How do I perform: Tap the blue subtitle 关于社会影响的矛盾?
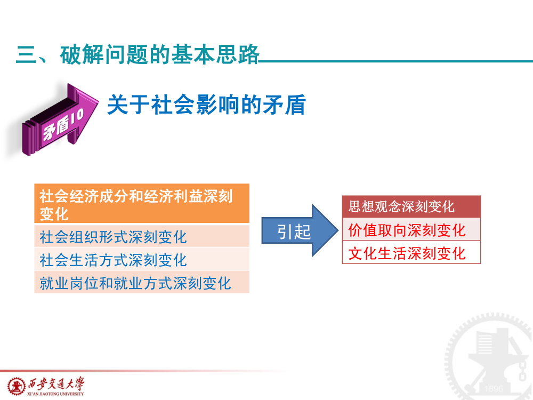[207, 105]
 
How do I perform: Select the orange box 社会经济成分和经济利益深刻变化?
[142, 203]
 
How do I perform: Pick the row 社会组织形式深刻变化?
[142, 236]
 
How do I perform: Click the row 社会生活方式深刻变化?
[142, 259]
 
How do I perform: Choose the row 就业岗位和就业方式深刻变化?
[142, 282]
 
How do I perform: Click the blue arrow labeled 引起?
[300, 230]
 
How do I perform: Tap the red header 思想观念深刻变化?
[411, 206]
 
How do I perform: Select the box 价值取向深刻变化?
[411, 229]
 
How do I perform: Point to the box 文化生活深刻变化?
[411, 252]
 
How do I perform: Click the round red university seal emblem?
[17, 387]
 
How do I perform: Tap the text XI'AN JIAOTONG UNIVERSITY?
[55, 394]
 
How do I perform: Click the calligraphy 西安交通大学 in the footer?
[56, 383]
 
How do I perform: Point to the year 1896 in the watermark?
[494, 388]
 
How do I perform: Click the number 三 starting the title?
[27, 55]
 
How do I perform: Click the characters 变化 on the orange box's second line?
[54, 214]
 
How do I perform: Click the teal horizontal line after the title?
[395, 61]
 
